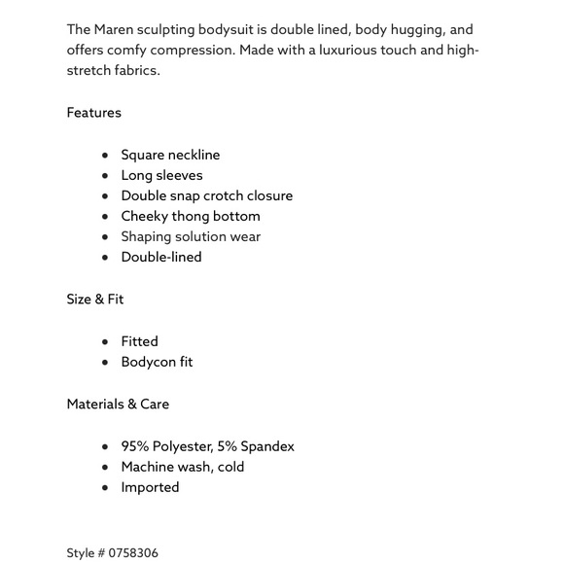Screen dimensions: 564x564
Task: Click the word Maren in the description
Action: coord(114,30)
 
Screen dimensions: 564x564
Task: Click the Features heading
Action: coord(94,113)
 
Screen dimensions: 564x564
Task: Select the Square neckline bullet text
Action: coord(170,155)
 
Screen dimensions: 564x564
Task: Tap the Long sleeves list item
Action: coord(161,175)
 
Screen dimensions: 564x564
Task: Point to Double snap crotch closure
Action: coord(206,195)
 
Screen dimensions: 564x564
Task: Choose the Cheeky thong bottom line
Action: coord(191,216)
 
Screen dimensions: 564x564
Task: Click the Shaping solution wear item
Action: coord(191,236)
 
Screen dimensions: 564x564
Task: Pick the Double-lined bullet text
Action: coord(161,257)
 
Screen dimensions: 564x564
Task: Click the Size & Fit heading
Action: coord(95,300)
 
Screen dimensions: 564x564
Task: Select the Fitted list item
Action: coord(139,341)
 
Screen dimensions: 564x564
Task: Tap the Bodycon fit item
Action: coord(157,362)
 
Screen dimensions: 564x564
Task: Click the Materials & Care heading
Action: coord(118,405)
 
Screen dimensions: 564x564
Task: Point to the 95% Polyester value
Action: coord(166,446)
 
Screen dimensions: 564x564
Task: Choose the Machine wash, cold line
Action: coord(183,467)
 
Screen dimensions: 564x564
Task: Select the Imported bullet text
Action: coord(150,487)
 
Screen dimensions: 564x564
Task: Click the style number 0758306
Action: coord(133,553)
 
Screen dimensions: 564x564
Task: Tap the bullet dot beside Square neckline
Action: coord(105,156)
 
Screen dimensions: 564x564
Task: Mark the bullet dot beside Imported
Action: coord(105,488)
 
